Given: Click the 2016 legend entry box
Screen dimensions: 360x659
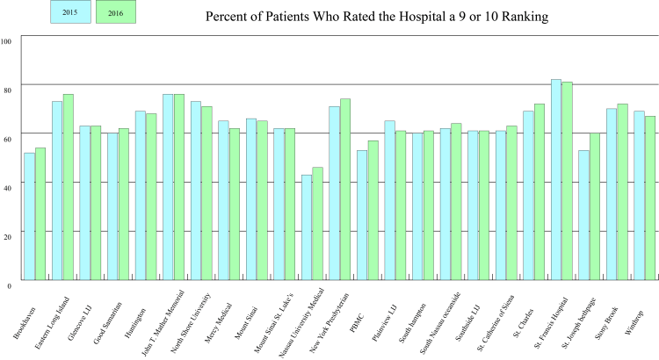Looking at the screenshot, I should tap(114, 12).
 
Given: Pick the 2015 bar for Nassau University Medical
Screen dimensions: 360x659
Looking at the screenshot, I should tap(307, 227).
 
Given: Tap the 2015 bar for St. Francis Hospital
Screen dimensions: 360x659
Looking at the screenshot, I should tap(556, 180).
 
